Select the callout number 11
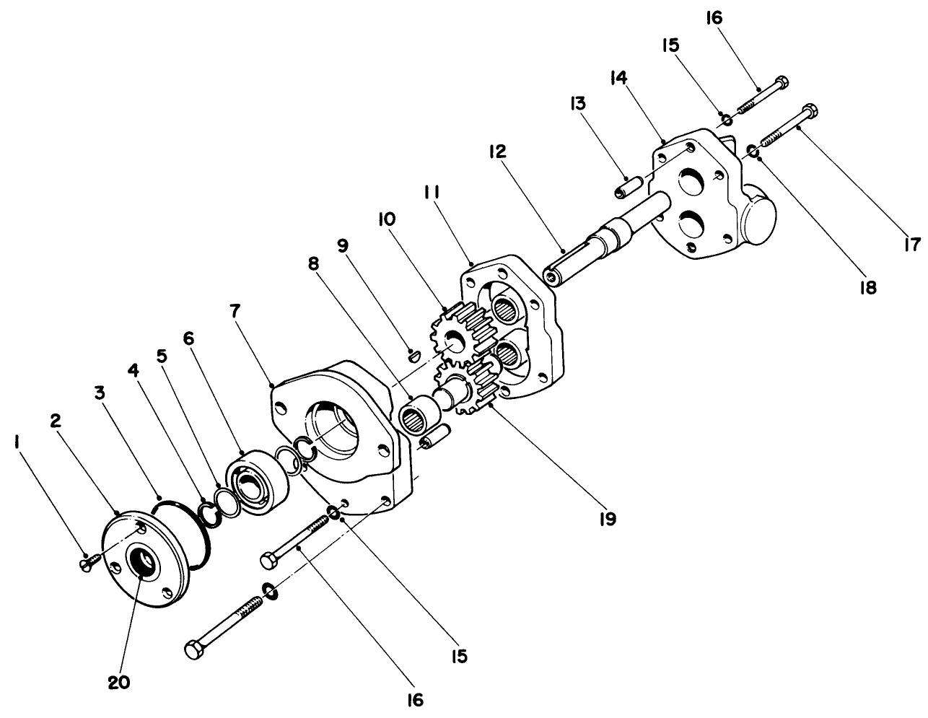pyautogui.click(x=432, y=194)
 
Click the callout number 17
pyautogui.click(x=914, y=245)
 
